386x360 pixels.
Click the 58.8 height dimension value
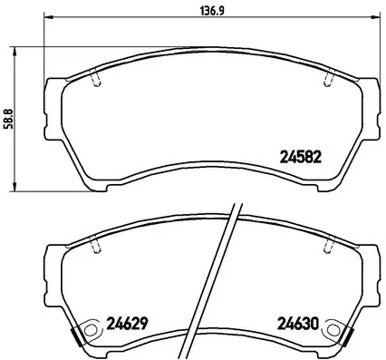(x=8, y=118)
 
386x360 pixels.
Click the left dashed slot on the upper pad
(x=98, y=80)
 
